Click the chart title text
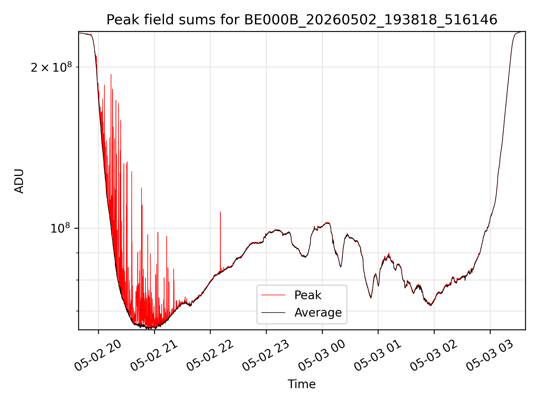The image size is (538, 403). (302, 20)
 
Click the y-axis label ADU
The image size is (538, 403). (19, 181)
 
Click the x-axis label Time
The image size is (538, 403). (302, 384)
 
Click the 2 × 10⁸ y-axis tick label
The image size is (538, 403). (51, 67)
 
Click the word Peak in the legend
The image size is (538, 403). (308, 295)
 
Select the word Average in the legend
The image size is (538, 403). (318, 312)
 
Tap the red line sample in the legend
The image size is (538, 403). (273, 295)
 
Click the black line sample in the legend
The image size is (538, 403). (273, 312)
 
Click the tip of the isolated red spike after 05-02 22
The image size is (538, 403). (220, 212)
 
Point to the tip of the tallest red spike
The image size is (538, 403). (111, 74)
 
